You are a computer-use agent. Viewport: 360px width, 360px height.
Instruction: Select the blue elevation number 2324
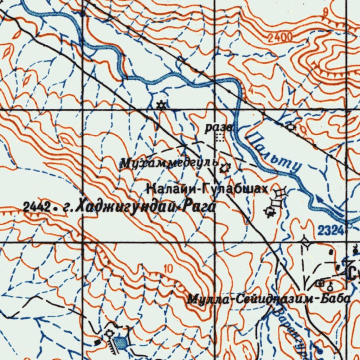[330, 231]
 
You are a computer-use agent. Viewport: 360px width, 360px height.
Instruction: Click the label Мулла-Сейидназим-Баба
[269, 299]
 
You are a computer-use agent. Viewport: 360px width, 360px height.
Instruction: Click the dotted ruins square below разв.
[220, 137]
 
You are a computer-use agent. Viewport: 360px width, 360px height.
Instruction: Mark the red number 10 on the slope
[168, 269]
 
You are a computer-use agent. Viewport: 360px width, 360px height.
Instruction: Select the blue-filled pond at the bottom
[121, 342]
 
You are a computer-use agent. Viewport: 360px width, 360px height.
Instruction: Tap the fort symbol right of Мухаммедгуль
[224, 169]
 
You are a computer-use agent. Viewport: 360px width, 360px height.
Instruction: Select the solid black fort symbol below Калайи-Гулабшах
[270, 211]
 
